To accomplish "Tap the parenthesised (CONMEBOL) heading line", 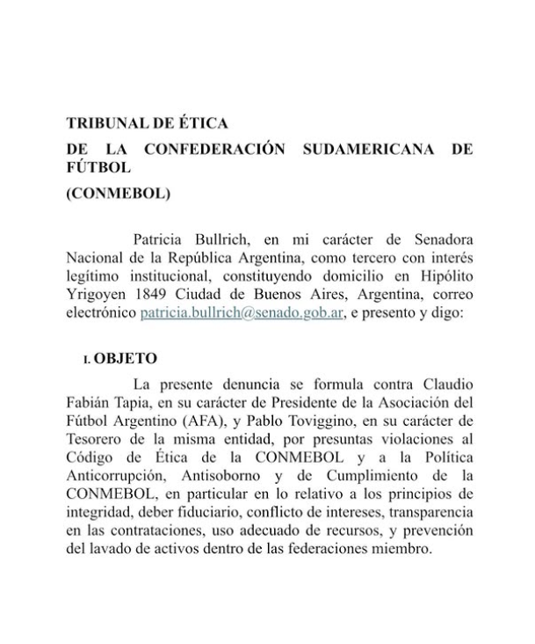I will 119,193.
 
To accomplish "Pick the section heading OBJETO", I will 126,359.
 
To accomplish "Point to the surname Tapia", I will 129,402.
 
